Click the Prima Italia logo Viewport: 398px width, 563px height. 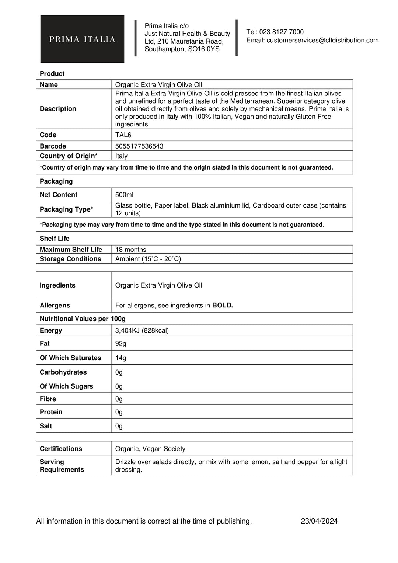coord(82,39)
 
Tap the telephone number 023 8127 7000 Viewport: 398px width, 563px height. coord(281,32)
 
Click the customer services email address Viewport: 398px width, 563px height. coord(322,40)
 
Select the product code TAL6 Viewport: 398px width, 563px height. coord(123,135)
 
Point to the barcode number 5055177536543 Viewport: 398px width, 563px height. coord(139,146)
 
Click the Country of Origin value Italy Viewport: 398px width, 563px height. coord(121,156)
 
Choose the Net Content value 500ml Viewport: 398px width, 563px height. coord(124,195)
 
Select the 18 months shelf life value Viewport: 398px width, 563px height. coord(131,250)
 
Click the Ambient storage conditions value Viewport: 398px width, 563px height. coord(148,259)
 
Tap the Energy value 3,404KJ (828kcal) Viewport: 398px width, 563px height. coord(142,330)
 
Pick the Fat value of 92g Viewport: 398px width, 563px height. coord(121,344)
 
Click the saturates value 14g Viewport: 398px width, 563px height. coord(121,358)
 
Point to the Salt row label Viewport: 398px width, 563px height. coord(46,426)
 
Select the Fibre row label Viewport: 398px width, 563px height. coord(48,399)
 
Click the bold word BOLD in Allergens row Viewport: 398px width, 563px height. coord(223,305)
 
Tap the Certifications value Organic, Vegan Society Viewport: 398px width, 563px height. coord(150,449)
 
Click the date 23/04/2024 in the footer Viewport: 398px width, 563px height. coord(319,521)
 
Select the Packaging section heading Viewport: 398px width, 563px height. coord(56,181)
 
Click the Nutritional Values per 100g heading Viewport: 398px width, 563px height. coord(83,319)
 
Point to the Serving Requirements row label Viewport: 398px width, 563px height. coord(62,466)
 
